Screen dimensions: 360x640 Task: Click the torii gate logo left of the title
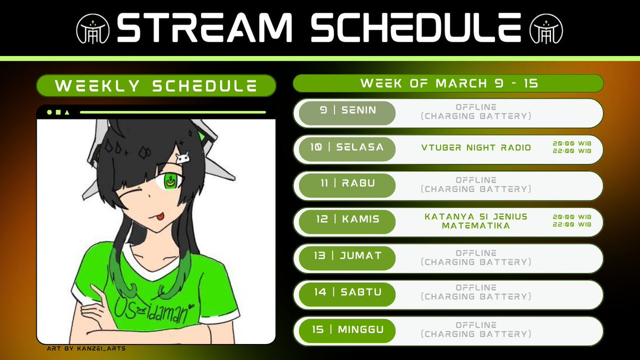tap(93, 28)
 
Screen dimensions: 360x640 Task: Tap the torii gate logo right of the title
tap(547, 28)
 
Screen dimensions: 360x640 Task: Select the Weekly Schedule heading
tap(156, 86)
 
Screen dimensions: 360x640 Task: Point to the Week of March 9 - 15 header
tap(448, 84)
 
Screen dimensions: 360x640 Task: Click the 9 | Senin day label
tap(347, 111)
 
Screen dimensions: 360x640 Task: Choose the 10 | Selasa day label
tap(347, 147)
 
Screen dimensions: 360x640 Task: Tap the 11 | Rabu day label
tap(347, 183)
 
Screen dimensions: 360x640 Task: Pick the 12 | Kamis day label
tap(347, 220)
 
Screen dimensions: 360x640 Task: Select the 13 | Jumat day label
tap(347, 256)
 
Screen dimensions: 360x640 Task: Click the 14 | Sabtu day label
tap(347, 292)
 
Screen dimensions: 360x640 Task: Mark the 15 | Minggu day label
tap(347, 330)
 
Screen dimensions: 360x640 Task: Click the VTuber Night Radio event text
tap(475, 147)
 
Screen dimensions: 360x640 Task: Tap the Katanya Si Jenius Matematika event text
tap(475, 221)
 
